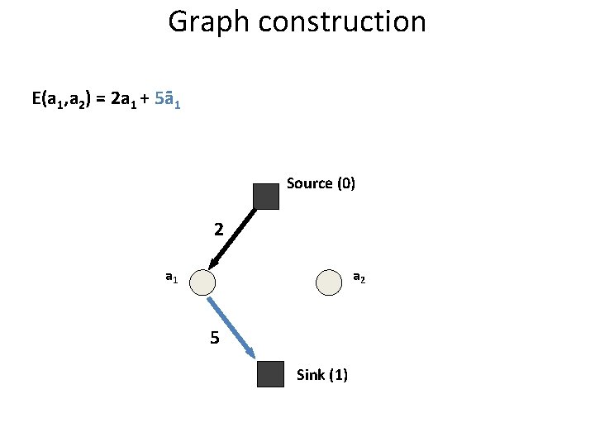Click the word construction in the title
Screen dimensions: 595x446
(x=339, y=21)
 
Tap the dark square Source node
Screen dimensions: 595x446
(x=266, y=197)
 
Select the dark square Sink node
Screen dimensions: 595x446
(x=270, y=374)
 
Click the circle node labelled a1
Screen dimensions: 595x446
(x=202, y=283)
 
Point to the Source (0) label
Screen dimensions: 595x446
(x=321, y=183)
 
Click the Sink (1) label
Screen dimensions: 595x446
(x=321, y=375)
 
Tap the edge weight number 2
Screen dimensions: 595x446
(x=218, y=229)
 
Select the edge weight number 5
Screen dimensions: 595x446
(x=215, y=338)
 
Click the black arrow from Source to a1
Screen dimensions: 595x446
(x=234, y=238)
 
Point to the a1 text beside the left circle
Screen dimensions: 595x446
(x=171, y=278)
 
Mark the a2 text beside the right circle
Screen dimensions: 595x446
(x=359, y=278)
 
